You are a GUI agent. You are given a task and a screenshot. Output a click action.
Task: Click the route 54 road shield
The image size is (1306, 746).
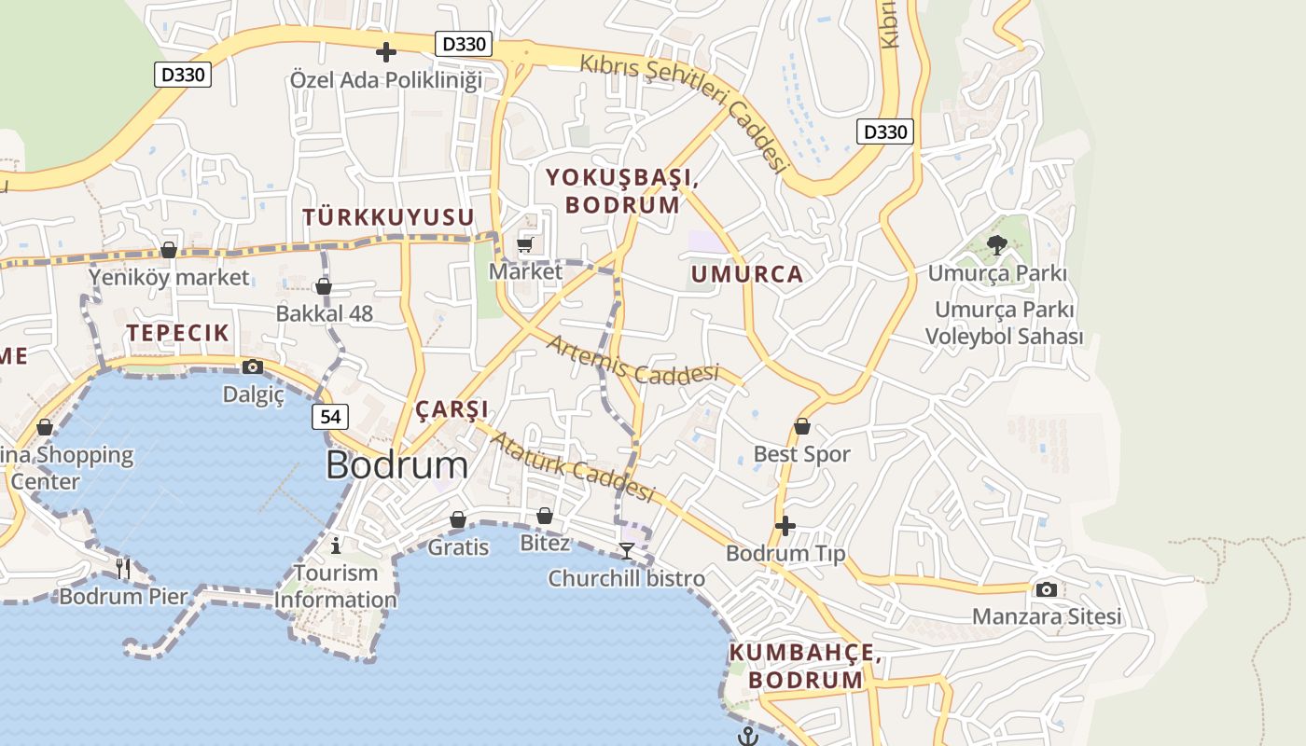(330, 417)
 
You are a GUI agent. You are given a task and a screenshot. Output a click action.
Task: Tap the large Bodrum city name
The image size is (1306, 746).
(396, 465)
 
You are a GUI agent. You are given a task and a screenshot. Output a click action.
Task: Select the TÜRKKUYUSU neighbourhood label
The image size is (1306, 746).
(388, 217)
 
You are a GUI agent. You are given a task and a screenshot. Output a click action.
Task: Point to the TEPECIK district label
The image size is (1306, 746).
(177, 333)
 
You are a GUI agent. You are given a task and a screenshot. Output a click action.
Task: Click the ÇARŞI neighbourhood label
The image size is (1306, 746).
(452, 409)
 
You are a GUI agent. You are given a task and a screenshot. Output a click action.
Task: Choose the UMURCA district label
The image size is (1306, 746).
(746, 274)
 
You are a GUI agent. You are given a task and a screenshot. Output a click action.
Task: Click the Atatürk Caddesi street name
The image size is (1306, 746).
(573, 466)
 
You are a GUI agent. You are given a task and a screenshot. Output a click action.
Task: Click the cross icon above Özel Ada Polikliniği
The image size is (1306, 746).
(385, 52)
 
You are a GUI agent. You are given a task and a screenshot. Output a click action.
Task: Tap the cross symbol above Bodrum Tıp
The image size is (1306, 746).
(785, 526)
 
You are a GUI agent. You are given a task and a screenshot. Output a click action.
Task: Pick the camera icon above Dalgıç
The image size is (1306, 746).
(252, 367)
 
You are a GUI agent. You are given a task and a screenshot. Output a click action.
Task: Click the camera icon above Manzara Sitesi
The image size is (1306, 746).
(1046, 589)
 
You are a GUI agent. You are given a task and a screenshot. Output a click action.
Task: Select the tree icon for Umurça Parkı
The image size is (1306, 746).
(996, 245)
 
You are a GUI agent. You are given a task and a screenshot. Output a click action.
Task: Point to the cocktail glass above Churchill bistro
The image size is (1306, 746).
(626, 551)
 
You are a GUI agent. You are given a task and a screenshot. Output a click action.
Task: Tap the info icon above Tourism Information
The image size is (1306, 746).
(336, 546)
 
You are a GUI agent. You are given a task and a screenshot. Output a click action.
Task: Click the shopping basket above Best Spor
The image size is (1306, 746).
(801, 427)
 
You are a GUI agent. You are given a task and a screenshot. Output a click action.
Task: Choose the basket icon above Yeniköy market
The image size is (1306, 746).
(169, 250)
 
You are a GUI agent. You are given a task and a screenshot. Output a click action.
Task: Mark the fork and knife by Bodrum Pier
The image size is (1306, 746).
(123, 567)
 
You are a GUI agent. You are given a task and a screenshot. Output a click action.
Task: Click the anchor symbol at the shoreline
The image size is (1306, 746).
(746, 737)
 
